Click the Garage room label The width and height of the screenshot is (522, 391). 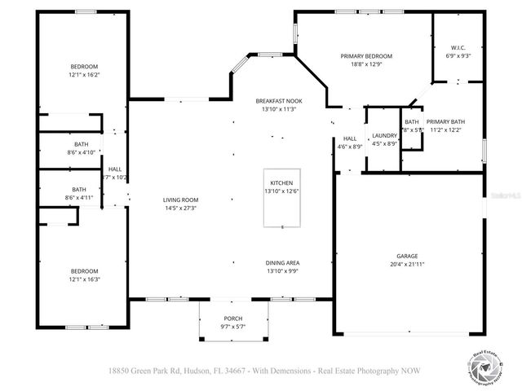coord(407,256)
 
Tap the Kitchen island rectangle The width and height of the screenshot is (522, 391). coord(281,199)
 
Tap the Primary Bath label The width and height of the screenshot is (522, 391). coord(445,121)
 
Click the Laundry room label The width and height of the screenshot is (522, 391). coord(384,136)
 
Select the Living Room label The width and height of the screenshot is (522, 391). coord(181,200)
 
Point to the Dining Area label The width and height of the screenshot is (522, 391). coord(283,263)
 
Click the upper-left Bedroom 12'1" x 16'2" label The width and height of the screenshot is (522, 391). coord(84,67)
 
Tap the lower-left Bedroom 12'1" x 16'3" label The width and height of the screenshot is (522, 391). coord(84,271)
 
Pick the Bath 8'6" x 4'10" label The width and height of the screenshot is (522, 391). coord(81,144)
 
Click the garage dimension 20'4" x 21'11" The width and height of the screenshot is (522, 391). coord(407,263)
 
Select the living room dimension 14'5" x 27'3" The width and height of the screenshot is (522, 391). coord(181,208)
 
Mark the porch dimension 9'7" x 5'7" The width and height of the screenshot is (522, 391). coord(233,326)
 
